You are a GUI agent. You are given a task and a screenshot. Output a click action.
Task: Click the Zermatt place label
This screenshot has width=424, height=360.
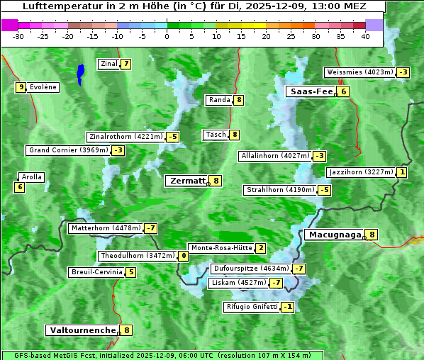(x=186, y=181)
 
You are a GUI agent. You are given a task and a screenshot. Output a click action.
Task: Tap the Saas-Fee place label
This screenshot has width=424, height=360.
(x=310, y=91)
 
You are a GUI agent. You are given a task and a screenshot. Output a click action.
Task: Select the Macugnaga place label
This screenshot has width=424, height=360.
(x=334, y=235)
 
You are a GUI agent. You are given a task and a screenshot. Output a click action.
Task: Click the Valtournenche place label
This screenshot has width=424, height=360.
(x=82, y=330)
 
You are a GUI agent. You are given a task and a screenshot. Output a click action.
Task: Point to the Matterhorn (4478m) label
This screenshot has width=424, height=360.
(x=105, y=228)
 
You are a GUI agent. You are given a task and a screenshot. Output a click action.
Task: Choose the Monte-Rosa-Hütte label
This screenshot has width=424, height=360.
(x=221, y=248)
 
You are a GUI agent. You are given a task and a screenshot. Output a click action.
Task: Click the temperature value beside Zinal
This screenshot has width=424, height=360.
(x=126, y=64)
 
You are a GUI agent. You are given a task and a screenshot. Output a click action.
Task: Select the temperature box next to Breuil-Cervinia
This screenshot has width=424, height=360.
(x=131, y=272)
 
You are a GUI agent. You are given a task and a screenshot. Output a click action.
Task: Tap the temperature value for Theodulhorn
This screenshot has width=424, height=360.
(x=184, y=256)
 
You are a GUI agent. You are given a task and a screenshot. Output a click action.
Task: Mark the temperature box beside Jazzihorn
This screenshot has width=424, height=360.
(x=403, y=172)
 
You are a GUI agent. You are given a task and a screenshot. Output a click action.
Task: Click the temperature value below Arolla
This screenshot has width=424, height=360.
(x=19, y=187)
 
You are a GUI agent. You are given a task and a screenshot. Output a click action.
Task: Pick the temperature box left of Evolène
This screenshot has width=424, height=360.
(x=21, y=87)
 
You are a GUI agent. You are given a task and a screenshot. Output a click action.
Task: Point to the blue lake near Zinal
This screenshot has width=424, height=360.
(x=81, y=73)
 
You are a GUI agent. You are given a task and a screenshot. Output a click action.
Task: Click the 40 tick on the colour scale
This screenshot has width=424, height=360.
(x=365, y=36)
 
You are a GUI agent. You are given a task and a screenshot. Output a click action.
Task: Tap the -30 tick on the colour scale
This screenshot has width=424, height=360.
(x=18, y=36)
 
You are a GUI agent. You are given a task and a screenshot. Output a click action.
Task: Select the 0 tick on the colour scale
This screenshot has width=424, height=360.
(x=167, y=36)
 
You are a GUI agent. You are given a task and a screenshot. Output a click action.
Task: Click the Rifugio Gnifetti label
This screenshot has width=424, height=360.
(x=251, y=307)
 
